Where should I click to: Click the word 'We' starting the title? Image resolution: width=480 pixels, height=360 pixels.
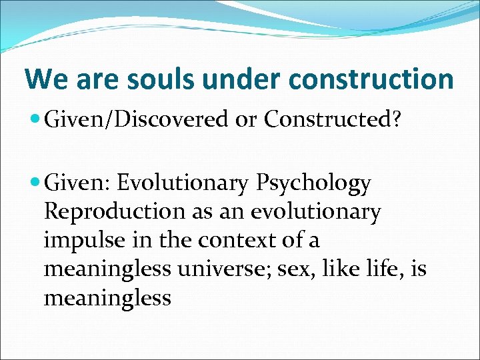(x=46, y=79)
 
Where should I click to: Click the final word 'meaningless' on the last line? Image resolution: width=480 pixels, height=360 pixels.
(x=107, y=298)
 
